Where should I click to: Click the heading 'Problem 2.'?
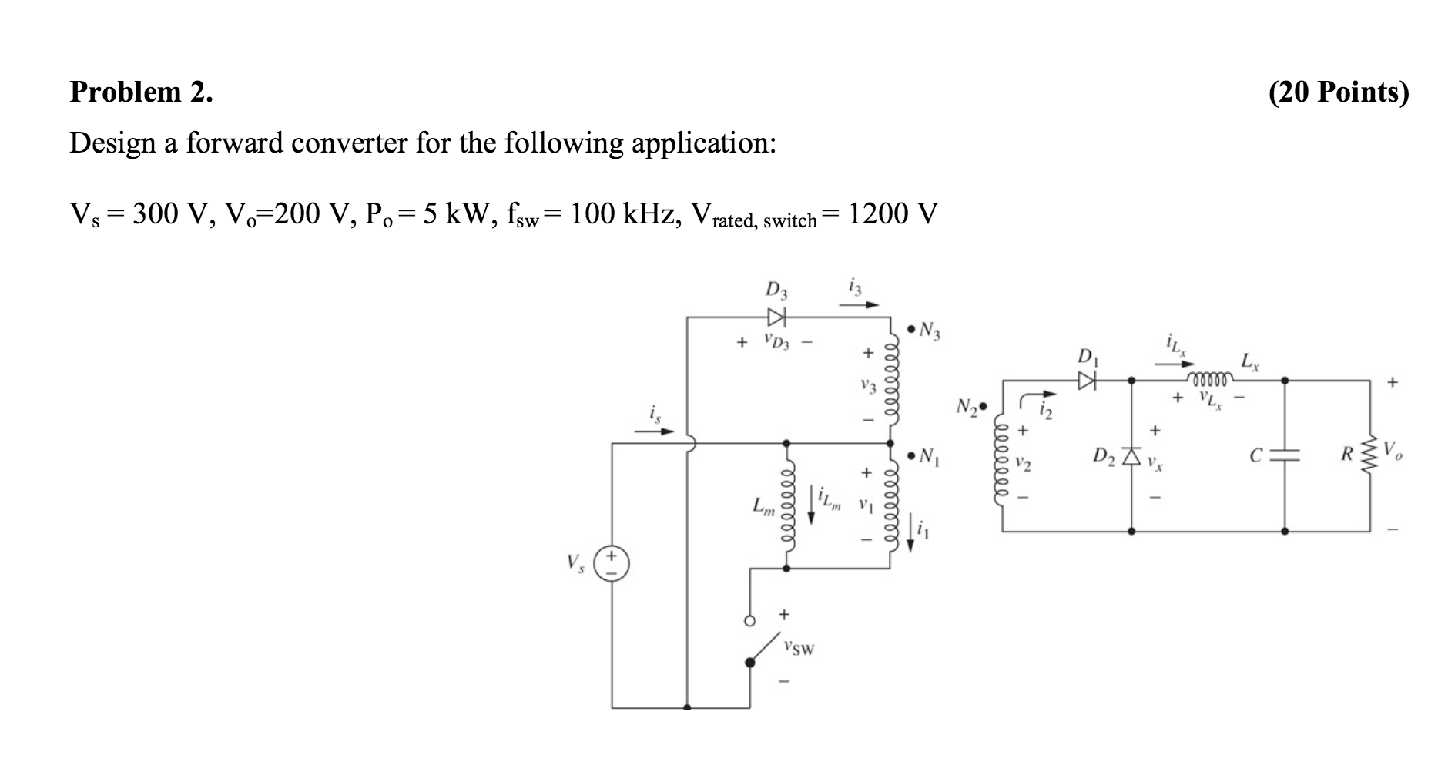[142, 92]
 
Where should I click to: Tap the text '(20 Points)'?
[1339, 92]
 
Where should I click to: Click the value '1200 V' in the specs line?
[893, 213]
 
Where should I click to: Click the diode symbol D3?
[776, 317]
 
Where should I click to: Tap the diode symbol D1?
[1087, 380]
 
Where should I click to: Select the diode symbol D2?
[1131, 457]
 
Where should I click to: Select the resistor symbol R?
[1370, 455]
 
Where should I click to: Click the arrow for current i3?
[859, 305]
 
